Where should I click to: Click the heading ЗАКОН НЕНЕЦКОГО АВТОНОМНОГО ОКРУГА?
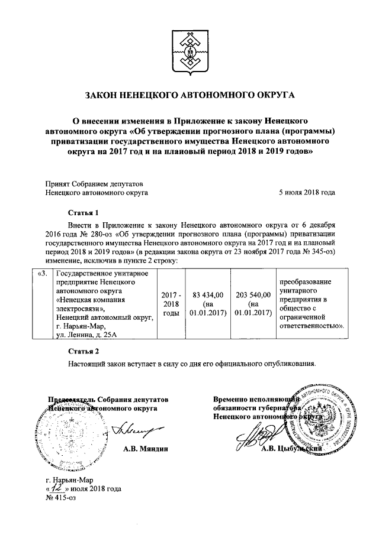tap(189, 94)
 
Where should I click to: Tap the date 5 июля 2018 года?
tap(307, 192)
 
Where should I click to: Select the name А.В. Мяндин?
tap(146, 449)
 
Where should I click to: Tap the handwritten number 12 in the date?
tap(57, 488)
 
